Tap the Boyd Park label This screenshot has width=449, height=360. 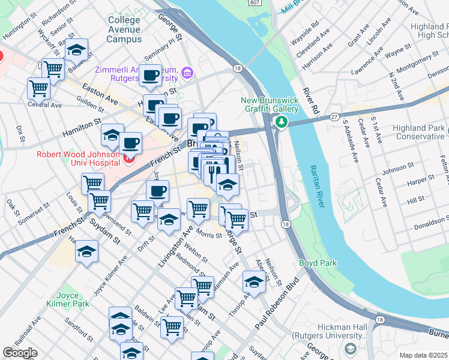pyautogui.click(x=318, y=263)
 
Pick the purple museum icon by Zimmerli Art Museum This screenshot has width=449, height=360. pyautogui.click(x=187, y=74)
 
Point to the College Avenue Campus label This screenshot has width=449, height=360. pyautogui.click(x=124, y=29)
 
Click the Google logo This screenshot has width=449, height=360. pyautogui.click(x=20, y=353)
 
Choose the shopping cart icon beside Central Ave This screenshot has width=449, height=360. pyautogui.click(x=38, y=88)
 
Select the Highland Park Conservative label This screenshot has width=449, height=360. pyautogui.click(x=419, y=133)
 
